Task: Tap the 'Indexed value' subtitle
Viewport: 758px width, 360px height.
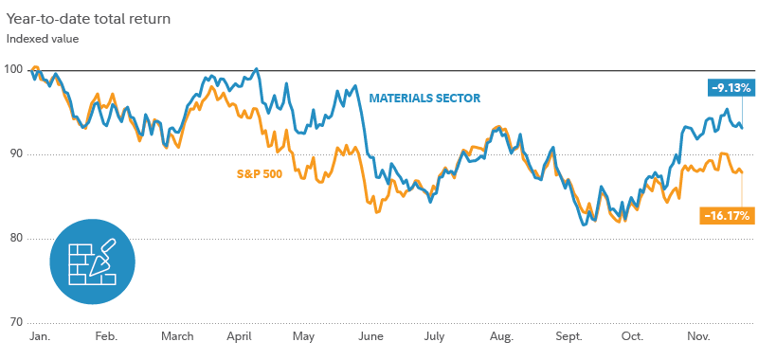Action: click(x=43, y=39)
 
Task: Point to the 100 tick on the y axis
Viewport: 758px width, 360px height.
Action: click(x=13, y=69)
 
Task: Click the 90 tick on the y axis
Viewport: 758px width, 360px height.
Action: click(x=13, y=153)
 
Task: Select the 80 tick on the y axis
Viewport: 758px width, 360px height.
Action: click(x=13, y=238)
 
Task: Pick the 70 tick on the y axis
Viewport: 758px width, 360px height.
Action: click(x=13, y=322)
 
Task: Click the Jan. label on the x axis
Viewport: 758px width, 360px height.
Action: click(x=40, y=336)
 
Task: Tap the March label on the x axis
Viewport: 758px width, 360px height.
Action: click(x=177, y=336)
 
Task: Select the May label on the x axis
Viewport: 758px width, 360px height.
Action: click(x=304, y=336)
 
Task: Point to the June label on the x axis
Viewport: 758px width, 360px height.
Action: click(x=370, y=336)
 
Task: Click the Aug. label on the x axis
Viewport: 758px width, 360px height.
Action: click(x=501, y=336)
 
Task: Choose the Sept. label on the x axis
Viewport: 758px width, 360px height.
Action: click(x=568, y=336)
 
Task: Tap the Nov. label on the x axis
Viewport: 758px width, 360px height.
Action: click(x=698, y=336)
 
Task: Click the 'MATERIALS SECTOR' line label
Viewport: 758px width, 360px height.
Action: click(x=424, y=99)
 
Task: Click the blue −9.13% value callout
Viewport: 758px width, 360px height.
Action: click(x=731, y=87)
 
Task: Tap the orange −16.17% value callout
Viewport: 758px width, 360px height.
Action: click(x=727, y=216)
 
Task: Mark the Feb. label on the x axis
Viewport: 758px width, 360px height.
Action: click(x=106, y=336)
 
